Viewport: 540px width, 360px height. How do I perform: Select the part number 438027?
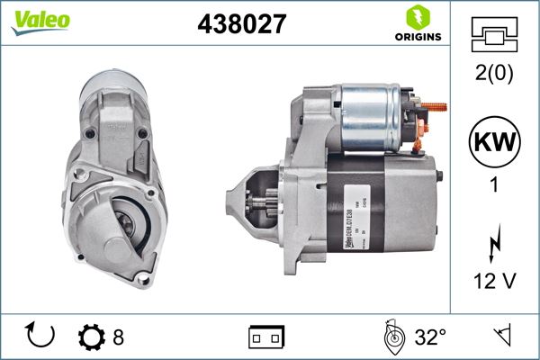pos(241,24)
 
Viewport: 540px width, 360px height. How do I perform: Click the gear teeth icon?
pos(91,337)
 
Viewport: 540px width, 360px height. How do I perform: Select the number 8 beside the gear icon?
pos(119,337)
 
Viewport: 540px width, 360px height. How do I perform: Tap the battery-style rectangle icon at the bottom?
pos(265,337)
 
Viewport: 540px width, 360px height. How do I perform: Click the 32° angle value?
pos(430,337)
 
